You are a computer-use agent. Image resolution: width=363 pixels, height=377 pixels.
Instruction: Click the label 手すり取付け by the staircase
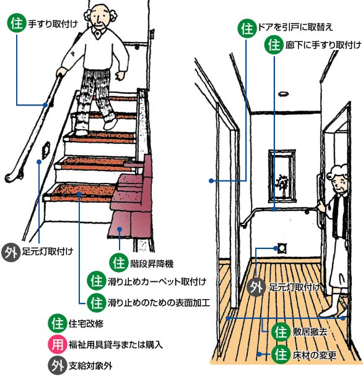[53, 24]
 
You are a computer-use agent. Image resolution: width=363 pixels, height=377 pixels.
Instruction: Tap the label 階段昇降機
[152, 264]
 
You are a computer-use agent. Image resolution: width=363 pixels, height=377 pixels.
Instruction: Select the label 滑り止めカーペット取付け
[157, 282]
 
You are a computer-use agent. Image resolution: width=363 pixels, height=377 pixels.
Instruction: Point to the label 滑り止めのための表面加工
[159, 302]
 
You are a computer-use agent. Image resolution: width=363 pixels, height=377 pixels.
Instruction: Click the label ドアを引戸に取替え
[295, 27]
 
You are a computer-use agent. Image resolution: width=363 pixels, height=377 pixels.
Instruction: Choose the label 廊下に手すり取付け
[323, 45]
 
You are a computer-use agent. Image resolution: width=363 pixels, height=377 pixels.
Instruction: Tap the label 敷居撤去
[310, 332]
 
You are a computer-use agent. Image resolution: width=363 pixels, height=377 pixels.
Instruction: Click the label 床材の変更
[314, 355]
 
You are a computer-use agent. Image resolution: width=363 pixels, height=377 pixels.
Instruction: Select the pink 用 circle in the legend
[58, 344]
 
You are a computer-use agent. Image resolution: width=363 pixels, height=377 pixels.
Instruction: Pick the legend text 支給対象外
[90, 366]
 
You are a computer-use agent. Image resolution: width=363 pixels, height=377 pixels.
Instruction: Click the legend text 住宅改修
[86, 324]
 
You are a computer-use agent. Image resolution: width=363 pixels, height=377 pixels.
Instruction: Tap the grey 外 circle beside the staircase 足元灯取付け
[11, 252]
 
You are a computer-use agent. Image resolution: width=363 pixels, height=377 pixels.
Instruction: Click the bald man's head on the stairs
[100, 16]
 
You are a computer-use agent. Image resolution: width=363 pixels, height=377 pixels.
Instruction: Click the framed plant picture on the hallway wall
[282, 176]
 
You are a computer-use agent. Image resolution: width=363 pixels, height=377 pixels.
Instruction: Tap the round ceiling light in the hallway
[284, 94]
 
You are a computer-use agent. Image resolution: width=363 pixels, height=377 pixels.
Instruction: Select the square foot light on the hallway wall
[282, 248]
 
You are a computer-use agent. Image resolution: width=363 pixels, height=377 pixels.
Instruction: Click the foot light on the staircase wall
[46, 150]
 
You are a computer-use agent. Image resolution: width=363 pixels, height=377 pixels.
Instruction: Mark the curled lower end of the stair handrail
[12, 177]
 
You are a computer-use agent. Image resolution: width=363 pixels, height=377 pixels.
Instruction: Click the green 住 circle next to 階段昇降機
[119, 263]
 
